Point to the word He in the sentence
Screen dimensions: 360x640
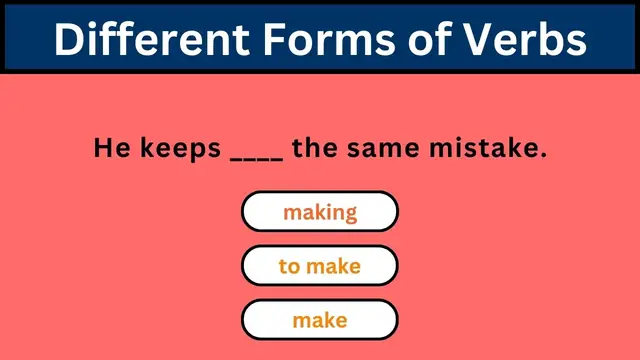coord(108,150)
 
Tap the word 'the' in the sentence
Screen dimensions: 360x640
coord(317,150)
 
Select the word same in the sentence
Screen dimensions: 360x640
coord(385,150)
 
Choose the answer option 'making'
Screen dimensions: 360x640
coord(320,212)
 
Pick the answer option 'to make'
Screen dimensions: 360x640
coord(320,267)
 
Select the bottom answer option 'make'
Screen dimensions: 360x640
coord(320,321)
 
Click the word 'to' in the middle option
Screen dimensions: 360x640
coord(289,267)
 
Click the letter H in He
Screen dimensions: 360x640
coord(101,150)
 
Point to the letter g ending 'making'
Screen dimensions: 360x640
coord(350,214)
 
